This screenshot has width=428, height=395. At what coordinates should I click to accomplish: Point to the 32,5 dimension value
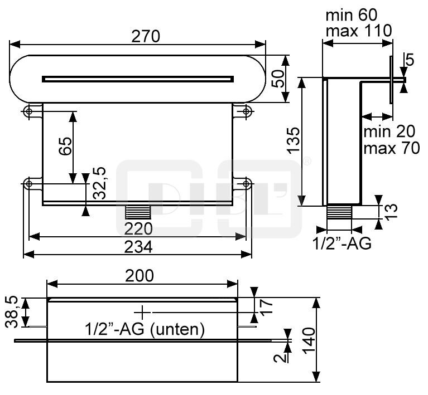pos(100,182)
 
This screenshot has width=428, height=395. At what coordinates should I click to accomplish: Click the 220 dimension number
pos(137,228)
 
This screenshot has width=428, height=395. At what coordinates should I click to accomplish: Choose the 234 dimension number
pos(137,247)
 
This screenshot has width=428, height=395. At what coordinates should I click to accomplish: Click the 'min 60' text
pos(351,13)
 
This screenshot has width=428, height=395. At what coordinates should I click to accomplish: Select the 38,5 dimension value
pos(15,312)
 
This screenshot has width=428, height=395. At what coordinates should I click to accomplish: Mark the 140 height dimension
pos(310,339)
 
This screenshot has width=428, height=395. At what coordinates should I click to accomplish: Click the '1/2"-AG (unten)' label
pos(145,329)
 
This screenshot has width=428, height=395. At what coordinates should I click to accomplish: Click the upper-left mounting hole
pos(28,111)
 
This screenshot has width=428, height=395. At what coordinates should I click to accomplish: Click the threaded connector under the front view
pos(138,212)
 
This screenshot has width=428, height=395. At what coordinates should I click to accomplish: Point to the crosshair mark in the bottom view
pos(143,312)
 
